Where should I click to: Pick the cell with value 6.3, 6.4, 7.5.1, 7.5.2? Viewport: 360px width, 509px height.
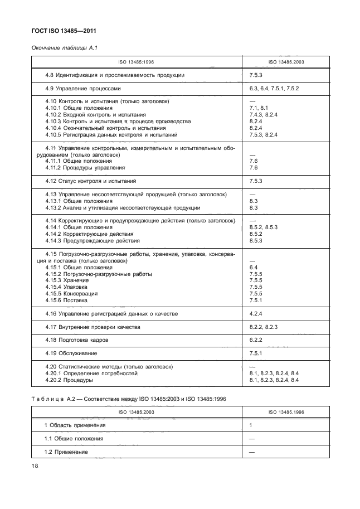tap(275, 88)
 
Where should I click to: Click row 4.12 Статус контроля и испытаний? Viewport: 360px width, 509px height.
tap(91, 181)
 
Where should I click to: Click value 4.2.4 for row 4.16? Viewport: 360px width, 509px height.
tap(256, 314)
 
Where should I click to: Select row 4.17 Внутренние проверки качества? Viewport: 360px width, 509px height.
tap(93, 327)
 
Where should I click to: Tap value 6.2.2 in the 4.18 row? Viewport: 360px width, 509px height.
tap(256, 340)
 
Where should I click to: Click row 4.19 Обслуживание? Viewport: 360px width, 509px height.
tap(71, 353)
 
